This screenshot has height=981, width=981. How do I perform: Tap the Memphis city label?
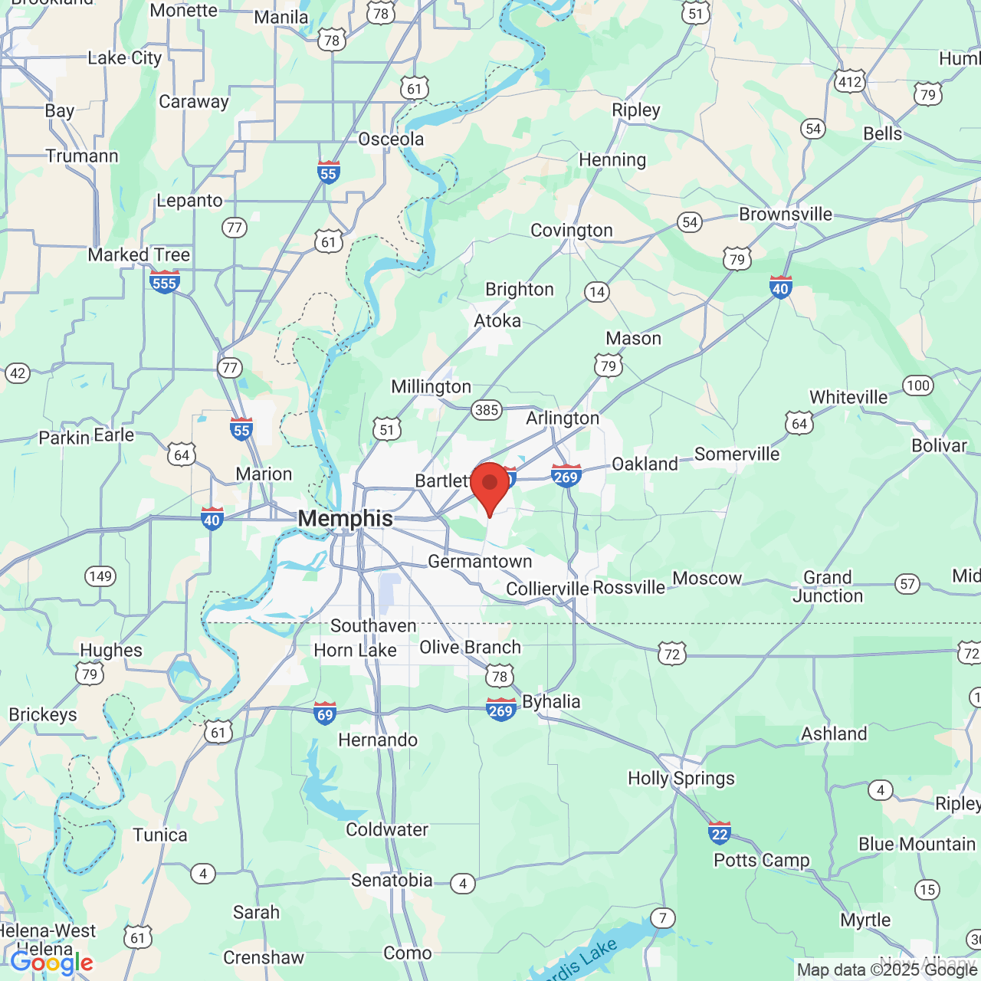coord(345,519)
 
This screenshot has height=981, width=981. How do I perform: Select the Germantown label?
coord(480,562)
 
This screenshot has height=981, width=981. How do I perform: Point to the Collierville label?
coord(547,589)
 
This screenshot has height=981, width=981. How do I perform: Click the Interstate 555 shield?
coord(165,282)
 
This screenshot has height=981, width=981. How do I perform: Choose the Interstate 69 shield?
coord(325,714)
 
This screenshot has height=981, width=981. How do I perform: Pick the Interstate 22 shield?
coord(719,833)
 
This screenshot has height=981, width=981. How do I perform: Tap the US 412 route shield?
coord(849,81)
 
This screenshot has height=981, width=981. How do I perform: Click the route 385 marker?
coord(487,410)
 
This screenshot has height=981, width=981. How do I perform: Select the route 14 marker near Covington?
coord(597,292)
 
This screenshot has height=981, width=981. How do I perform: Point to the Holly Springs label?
coord(681,779)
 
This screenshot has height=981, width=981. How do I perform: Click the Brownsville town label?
coord(785,215)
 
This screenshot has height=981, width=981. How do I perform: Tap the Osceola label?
coord(391,139)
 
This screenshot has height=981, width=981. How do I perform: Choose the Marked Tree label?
coord(139,255)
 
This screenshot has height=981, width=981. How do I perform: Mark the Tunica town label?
coord(159,835)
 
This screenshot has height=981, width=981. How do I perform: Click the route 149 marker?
coord(100,576)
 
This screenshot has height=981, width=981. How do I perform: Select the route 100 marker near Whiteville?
coord(917,386)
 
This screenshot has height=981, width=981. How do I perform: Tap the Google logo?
coord(51,963)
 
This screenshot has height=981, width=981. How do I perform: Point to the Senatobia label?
coord(392,881)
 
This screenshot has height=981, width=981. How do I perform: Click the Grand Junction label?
coord(827,587)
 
